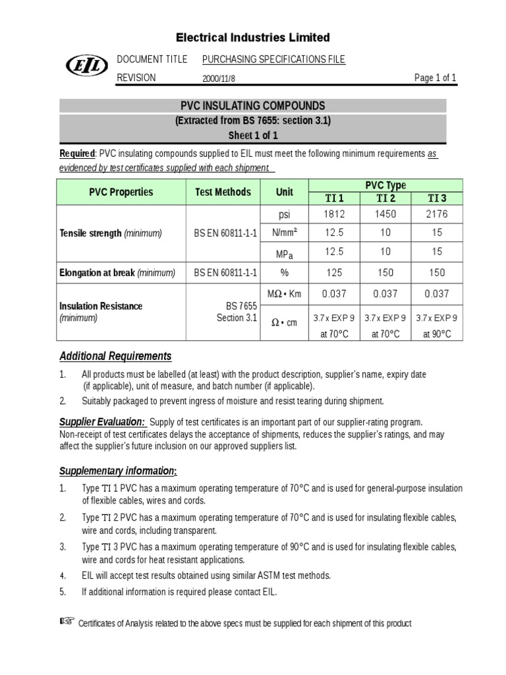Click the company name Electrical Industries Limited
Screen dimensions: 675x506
[x=252, y=37]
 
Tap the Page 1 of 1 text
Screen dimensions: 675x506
[x=435, y=78]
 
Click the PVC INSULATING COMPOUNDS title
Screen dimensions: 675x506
[x=252, y=106]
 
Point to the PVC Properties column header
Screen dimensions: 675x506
[x=121, y=192]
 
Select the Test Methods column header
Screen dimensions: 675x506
[x=223, y=192]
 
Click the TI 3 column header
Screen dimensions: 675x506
[x=437, y=198]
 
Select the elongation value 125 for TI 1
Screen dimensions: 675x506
[x=335, y=272]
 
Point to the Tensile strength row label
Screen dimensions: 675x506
[x=111, y=233]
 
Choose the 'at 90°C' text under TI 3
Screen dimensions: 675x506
[x=437, y=334]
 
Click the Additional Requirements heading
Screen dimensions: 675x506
[x=115, y=356]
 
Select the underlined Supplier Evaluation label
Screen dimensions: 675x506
[x=102, y=422]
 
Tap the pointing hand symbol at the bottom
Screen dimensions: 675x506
[x=68, y=622]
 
